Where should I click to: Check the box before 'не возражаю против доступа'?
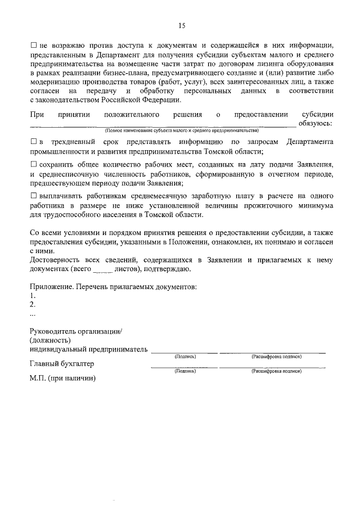(x=33, y=44)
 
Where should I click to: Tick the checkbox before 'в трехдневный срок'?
(x=33, y=142)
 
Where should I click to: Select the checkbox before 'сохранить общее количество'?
(x=33, y=164)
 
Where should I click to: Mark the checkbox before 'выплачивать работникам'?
(x=33, y=196)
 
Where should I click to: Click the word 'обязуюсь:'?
(x=316, y=123)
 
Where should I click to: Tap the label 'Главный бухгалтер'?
(x=62, y=363)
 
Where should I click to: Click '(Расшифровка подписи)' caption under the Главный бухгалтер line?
(x=276, y=371)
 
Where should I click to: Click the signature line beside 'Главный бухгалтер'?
(x=183, y=367)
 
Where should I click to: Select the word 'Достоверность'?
(x=56, y=260)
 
